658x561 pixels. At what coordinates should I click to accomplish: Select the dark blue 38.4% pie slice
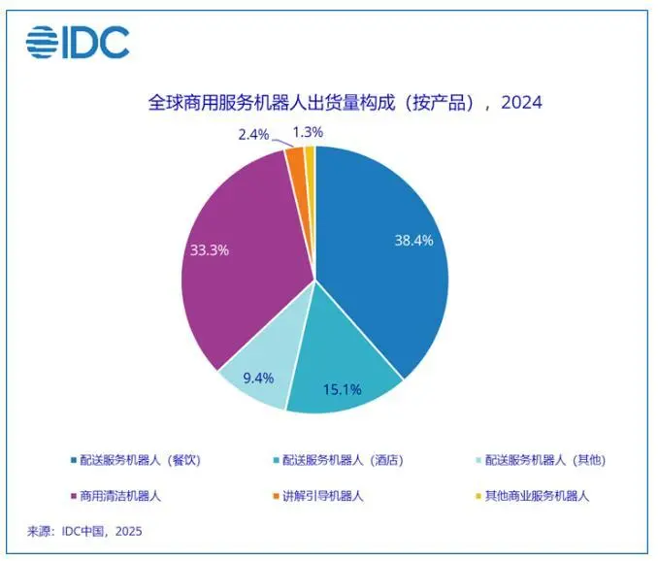(x=388, y=252)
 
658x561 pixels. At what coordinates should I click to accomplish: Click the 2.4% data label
(x=254, y=133)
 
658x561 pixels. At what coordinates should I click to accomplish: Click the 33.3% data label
(x=209, y=249)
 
